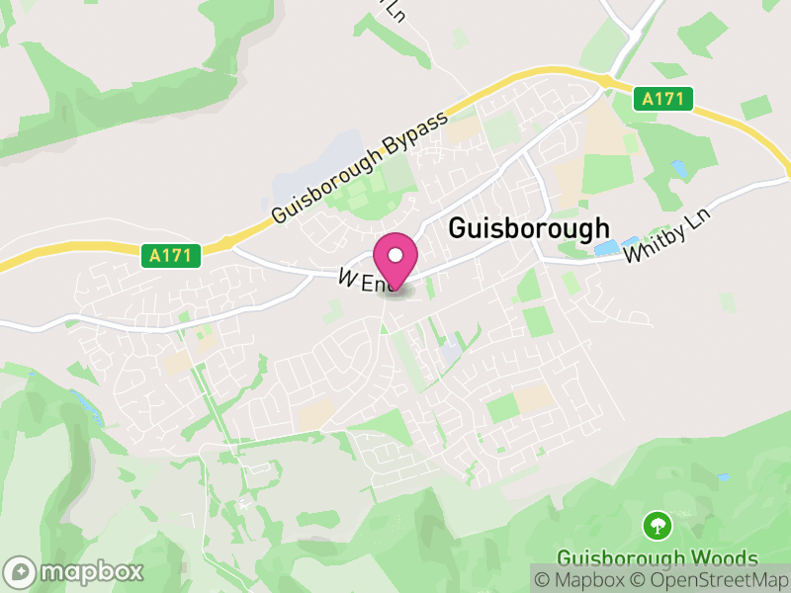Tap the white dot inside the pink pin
[395, 256]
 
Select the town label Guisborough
[529, 228]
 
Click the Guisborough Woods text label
[657, 558]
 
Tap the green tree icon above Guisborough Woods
[657, 525]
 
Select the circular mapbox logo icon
[21, 571]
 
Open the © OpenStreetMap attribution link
[715, 578]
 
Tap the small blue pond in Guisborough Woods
[723, 478]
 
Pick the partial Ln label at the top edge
[395, 10]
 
